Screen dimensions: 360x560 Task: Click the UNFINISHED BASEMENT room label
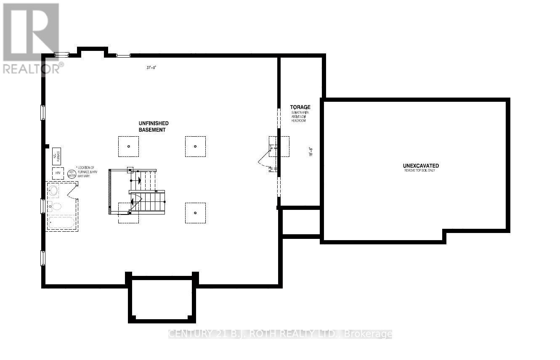[154, 127]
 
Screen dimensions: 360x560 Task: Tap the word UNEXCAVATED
[421, 166]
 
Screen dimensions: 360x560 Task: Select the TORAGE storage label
[300, 107]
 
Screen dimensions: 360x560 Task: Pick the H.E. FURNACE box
[57, 156]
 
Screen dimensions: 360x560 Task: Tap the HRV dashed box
[58, 173]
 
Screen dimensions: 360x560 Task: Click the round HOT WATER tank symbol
[72, 173]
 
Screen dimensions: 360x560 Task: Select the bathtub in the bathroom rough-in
[61, 222]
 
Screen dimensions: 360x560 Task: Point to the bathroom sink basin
[54, 191]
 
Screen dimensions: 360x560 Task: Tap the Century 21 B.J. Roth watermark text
[280, 334]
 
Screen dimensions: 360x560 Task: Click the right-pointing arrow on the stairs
[139, 181]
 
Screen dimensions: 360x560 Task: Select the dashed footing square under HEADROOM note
[279, 146]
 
